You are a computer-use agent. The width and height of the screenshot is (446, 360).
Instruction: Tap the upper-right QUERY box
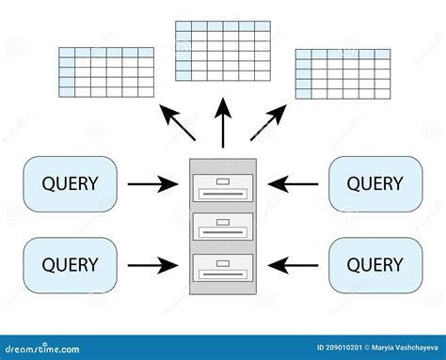tap(374, 184)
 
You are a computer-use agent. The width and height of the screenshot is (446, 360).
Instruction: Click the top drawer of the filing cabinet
tap(222, 189)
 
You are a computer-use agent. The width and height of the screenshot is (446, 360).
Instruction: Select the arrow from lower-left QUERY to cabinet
tap(152, 264)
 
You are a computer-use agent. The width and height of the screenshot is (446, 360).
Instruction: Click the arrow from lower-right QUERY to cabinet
tap(293, 264)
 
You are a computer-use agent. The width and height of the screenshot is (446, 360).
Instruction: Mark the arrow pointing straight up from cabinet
tap(223, 125)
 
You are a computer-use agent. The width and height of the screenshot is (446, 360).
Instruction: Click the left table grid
tap(106, 71)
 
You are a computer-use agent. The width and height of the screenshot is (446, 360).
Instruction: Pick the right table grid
tap(342, 74)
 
